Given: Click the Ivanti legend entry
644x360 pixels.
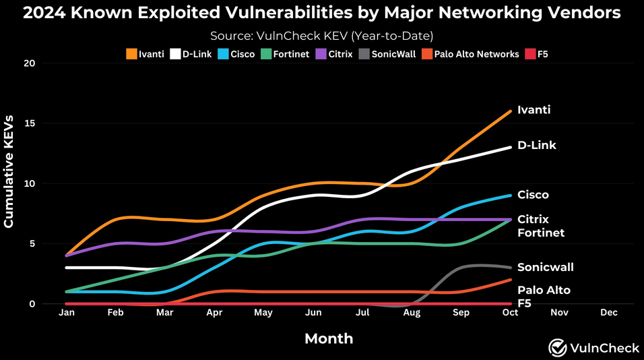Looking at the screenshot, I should tap(145, 54).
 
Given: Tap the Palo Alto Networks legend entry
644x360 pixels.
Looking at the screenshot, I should tap(471, 54).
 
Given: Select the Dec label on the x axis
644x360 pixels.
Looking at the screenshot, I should tap(608, 313).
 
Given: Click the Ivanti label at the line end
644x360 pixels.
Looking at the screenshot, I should tap(534, 110).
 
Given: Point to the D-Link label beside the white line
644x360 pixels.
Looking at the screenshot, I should tap(536, 145).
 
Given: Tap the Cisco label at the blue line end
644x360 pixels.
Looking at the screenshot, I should tap(533, 195).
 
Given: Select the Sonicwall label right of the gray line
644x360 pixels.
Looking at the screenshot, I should tap(545, 267).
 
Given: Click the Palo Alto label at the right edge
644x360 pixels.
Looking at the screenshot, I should tap(544, 290).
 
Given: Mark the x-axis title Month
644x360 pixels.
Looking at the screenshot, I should tap(329, 338).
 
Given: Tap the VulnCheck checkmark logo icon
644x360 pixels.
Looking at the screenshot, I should tap(556, 347).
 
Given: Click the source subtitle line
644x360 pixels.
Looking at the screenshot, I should tap(321, 36).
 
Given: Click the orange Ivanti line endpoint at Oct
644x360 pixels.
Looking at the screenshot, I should tap(510, 111).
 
